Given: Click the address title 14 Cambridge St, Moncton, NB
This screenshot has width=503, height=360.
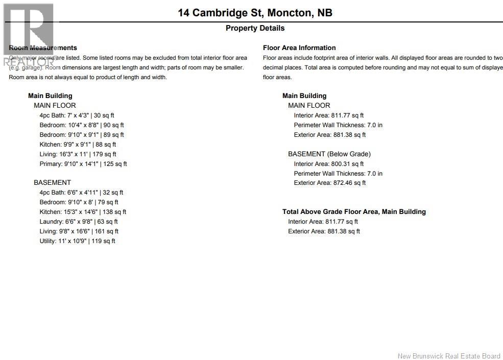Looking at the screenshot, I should [255, 13].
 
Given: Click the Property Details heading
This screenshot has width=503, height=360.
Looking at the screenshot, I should [255, 28].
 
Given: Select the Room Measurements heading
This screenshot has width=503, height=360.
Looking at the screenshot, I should [43, 47].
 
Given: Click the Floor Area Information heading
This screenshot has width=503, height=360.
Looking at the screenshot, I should [299, 47].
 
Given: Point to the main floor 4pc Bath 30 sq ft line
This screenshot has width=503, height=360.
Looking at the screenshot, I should [77, 115].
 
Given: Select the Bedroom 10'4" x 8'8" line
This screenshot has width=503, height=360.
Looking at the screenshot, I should [82, 125].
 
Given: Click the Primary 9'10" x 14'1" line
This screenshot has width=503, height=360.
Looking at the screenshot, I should [83, 164].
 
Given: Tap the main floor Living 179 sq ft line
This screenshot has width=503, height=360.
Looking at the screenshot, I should [78, 154].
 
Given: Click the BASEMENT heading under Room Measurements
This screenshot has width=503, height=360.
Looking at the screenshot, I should [52, 182].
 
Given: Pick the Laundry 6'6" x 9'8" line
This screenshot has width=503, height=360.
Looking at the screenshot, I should [79, 222].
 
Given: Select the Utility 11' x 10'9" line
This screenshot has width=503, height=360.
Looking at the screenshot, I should [77, 241].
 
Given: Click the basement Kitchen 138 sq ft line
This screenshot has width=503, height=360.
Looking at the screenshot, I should [83, 212].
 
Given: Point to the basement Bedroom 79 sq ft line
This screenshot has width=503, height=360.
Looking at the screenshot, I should [78, 202].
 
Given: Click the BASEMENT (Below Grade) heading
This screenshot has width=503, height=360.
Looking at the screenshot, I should [329, 154].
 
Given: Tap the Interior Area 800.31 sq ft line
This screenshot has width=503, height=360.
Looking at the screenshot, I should [328, 164].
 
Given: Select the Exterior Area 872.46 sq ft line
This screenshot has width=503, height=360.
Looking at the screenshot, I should [329, 183].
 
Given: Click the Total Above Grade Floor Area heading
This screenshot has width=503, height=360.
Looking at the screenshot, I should [354, 211].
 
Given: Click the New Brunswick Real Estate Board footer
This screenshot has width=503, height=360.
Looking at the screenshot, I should [449, 356].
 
